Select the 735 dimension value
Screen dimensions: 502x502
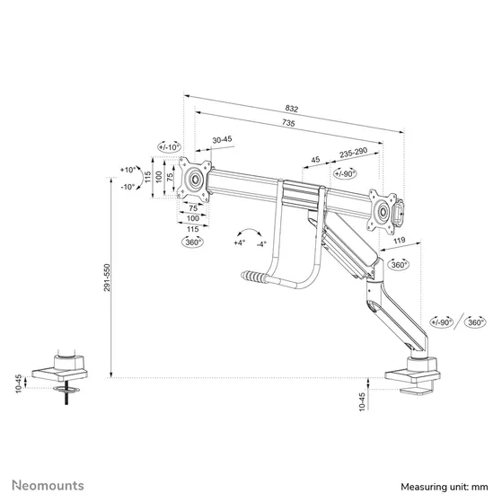(x=289, y=122)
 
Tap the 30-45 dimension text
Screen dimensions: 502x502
(x=222, y=139)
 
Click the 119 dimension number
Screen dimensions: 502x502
(x=398, y=240)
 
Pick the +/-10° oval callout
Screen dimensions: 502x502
(x=169, y=145)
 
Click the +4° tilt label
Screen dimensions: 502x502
(x=239, y=242)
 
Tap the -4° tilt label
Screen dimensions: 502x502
(x=260, y=242)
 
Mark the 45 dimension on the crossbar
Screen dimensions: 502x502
(x=314, y=161)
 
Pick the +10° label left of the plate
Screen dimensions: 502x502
(x=129, y=168)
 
